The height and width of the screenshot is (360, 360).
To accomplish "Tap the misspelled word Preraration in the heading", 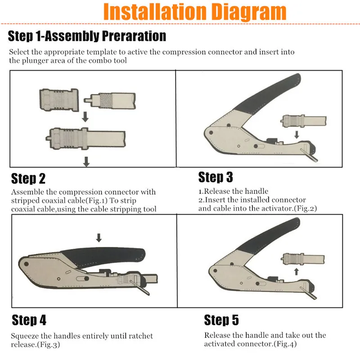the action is pyautogui.click(x=134, y=36).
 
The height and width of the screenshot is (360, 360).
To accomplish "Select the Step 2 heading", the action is pyautogui.click(x=28, y=178).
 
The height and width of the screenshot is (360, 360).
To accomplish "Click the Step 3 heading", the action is pyautogui.click(x=216, y=177).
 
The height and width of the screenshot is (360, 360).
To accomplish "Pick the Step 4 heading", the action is pyautogui.click(x=29, y=320).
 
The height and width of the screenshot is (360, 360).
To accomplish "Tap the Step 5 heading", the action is pyautogui.click(x=221, y=320).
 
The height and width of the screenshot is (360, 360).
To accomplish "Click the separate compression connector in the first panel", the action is pyautogui.click(x=59, y=100).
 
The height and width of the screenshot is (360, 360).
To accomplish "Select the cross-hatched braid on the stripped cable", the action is pyautogui.click(x=105, y=100).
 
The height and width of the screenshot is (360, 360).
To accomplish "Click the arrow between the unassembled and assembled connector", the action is pyautogui.click(x=85, y=117).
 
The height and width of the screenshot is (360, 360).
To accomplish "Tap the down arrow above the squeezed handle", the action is pyautogui.click(x=99, y=238).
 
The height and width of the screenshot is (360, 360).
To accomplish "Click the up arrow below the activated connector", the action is pyautogui.click(x=297, y=271).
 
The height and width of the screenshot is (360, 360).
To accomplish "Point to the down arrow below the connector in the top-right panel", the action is pyautogui.click(x=297, y=135).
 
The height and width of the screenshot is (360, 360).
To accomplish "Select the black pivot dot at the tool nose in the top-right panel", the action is pyautogui.click(x=211, y=133).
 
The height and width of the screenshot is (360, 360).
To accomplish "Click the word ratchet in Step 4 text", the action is pyautogui.click(x=140, y=336).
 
